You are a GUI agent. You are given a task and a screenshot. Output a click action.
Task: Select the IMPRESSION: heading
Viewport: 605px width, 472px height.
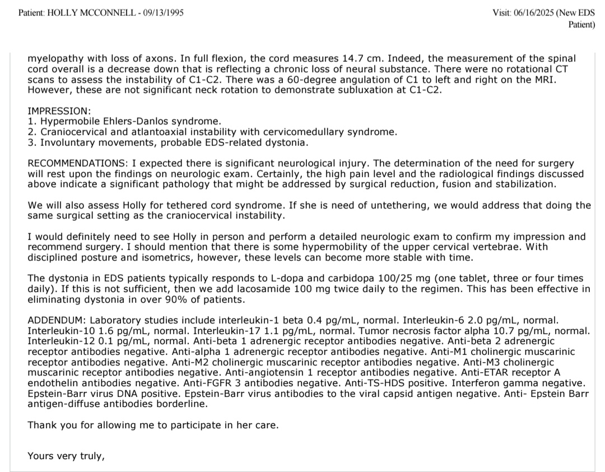[x=59, y=111]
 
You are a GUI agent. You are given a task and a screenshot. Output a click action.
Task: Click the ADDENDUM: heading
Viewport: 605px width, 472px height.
[x=53, y=320]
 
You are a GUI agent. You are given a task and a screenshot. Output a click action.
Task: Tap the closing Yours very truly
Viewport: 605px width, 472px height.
[x=66, y=456]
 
